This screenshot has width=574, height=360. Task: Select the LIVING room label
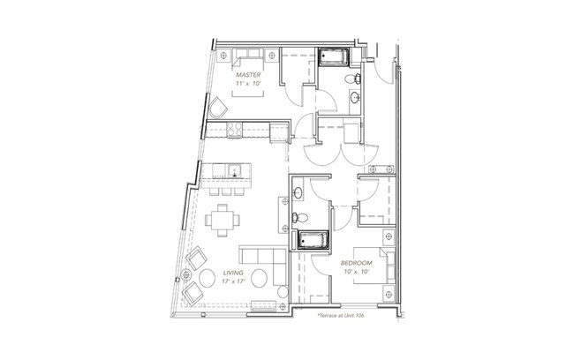(233, 273)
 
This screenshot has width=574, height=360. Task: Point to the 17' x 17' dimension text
(233, 281)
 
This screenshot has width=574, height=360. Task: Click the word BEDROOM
(356, 264)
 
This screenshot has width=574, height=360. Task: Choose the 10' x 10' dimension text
(356, 273)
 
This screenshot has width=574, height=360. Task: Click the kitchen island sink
(234, 169)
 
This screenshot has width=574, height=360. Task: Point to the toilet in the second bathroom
(300, 214)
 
